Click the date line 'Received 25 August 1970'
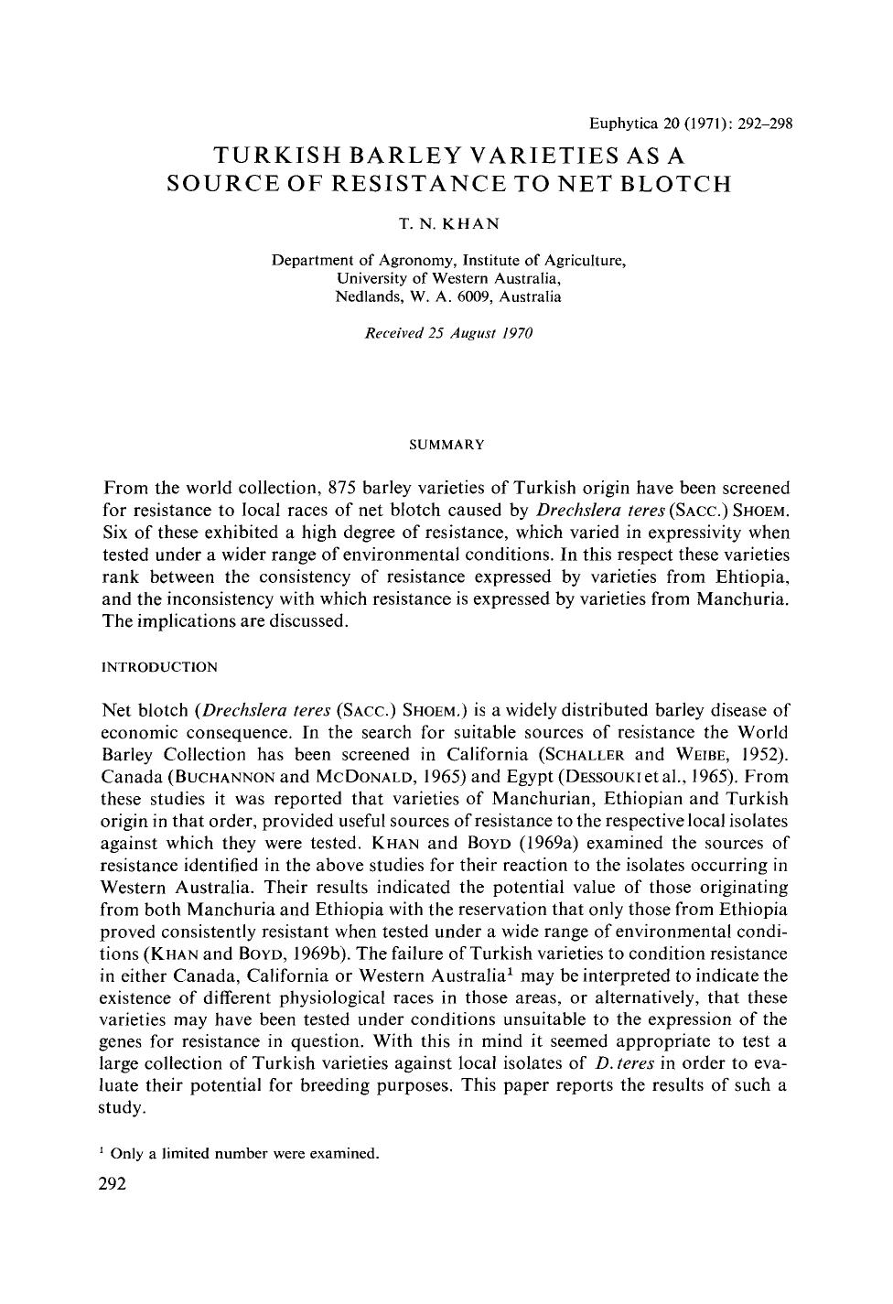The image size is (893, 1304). (448, 333)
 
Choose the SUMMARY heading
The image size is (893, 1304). (446, 445)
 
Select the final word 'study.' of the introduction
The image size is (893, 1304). (122, 1107)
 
